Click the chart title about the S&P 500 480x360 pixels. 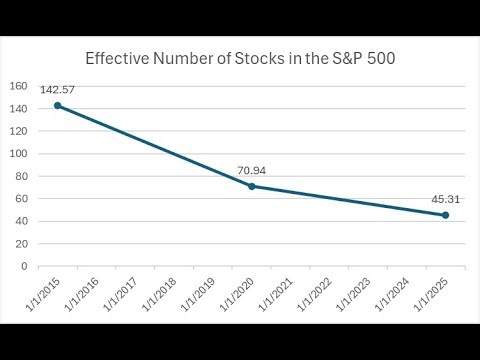point(240,58)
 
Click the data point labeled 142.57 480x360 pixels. point(57,105)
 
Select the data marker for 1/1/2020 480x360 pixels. point(251,186)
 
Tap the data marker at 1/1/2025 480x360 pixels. point(445,215)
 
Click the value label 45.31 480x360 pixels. point(445,200)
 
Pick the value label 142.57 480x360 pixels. point(57,90)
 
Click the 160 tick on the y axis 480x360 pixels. point(20,86)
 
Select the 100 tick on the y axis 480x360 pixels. point(20,154)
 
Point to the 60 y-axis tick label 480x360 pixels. point(22,199)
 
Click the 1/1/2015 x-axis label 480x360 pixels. point(43,293)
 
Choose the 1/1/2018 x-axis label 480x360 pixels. point(159,293)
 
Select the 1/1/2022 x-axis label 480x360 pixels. point(314,293)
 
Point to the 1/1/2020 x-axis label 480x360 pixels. point(237,293)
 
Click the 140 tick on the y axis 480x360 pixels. point(20,109)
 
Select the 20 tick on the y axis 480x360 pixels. point(22,244)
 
